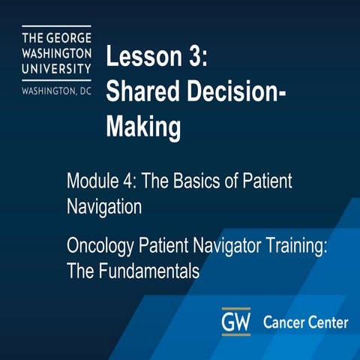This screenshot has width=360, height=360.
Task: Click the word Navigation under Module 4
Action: [x=103, y=205]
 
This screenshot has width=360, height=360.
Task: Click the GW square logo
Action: [x=235, y=322]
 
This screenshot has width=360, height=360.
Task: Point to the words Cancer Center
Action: [x=305, y=322]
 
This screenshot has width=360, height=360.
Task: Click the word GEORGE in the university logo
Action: [x=69, y=37]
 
